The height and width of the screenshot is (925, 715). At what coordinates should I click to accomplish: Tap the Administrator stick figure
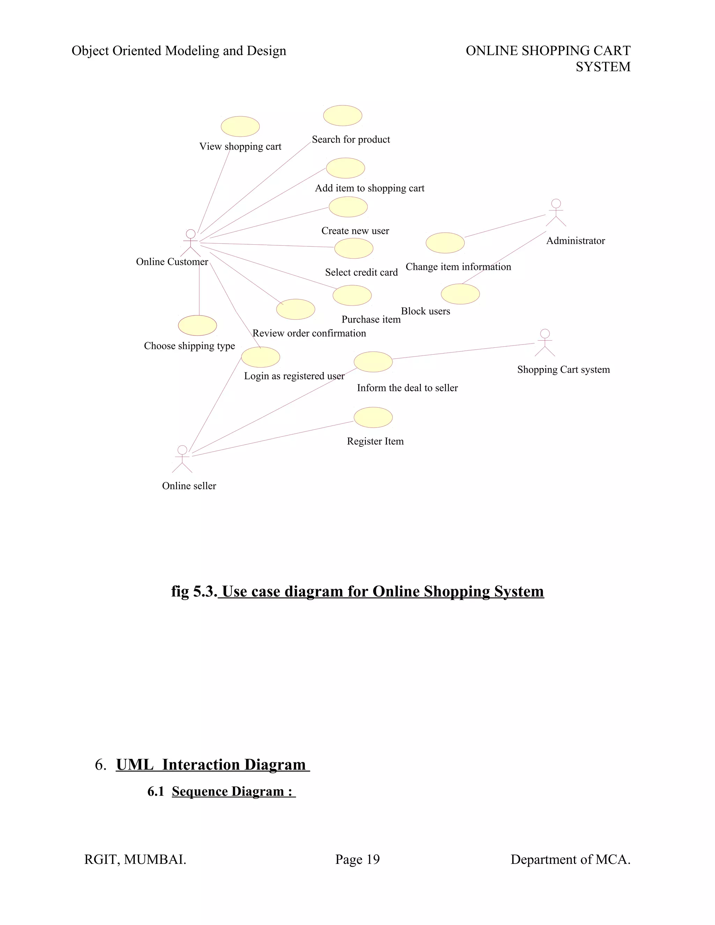click(x=556, y=213)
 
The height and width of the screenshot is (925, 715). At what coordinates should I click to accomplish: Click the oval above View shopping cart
click(x=240, y=126)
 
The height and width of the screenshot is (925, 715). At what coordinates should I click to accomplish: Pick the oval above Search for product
click(x=343, y=116)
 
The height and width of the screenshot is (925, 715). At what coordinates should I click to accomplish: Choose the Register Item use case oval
click(x=373, y=417)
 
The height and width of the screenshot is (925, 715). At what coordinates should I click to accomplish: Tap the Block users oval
click(x=460, y=294)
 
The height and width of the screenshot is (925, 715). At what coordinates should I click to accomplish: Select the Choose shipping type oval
click(x=197, y=325)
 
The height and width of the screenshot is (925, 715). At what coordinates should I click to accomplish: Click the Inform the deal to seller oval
click(x=373, y=362)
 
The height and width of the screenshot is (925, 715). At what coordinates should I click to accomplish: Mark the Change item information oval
click(x=445, y=243)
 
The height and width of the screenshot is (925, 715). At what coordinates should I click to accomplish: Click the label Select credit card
click(x=361, y=272)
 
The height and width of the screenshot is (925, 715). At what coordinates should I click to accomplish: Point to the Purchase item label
click(x=371, y=319)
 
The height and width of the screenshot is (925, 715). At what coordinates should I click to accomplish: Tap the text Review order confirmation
click(x=309, y=333)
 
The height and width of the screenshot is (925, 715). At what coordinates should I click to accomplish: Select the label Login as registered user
click(x=294, y=376)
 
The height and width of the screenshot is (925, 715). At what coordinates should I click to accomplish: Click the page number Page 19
click(x=357, y=859)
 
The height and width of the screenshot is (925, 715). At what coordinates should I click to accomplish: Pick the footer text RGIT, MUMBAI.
click(x=135, y=859)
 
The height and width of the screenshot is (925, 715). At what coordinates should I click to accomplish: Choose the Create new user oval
click(x=348, y=207)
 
